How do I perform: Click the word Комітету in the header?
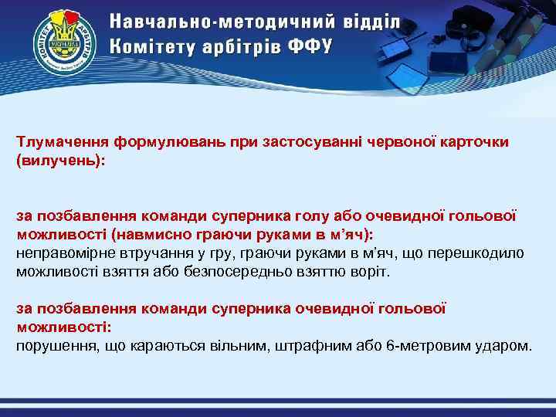(147, 46)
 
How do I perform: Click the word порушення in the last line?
(55, 344)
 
